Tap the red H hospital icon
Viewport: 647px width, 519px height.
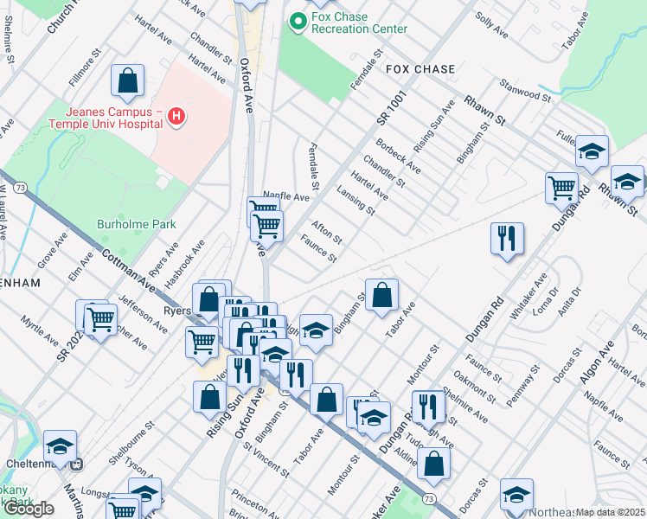coord(176,117)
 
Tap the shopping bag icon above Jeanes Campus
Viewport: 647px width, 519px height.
coord(127,82)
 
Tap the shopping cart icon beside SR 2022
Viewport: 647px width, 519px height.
coord(101,321)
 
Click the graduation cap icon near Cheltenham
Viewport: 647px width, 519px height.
coord(61,446)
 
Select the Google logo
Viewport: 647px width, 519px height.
coord(28,509)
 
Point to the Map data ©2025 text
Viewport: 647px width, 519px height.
coord(611,512)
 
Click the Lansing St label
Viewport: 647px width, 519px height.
coord(356,202)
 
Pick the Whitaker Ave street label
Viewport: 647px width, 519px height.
coord(528,298)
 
